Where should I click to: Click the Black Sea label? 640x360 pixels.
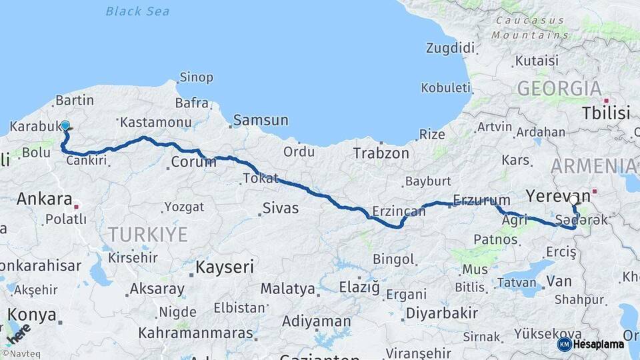point(137,11)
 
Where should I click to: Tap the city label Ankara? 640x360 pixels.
point(44,199)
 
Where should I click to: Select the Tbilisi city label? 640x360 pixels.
point(605,113)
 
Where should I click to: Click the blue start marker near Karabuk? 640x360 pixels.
point(65,125)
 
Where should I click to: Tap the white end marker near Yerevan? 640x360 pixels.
point(574,199)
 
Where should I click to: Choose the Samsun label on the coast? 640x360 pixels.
point(260,121)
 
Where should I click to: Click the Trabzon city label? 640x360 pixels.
point(381,153)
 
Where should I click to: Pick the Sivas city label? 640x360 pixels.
point(280,209)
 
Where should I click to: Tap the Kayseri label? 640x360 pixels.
point(225,267)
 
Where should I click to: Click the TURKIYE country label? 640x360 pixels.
point(148,234)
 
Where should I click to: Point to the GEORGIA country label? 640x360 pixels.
point(559,88)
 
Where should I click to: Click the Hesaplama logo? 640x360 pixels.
point(591,344)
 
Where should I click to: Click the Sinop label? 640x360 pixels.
point(197,77)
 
